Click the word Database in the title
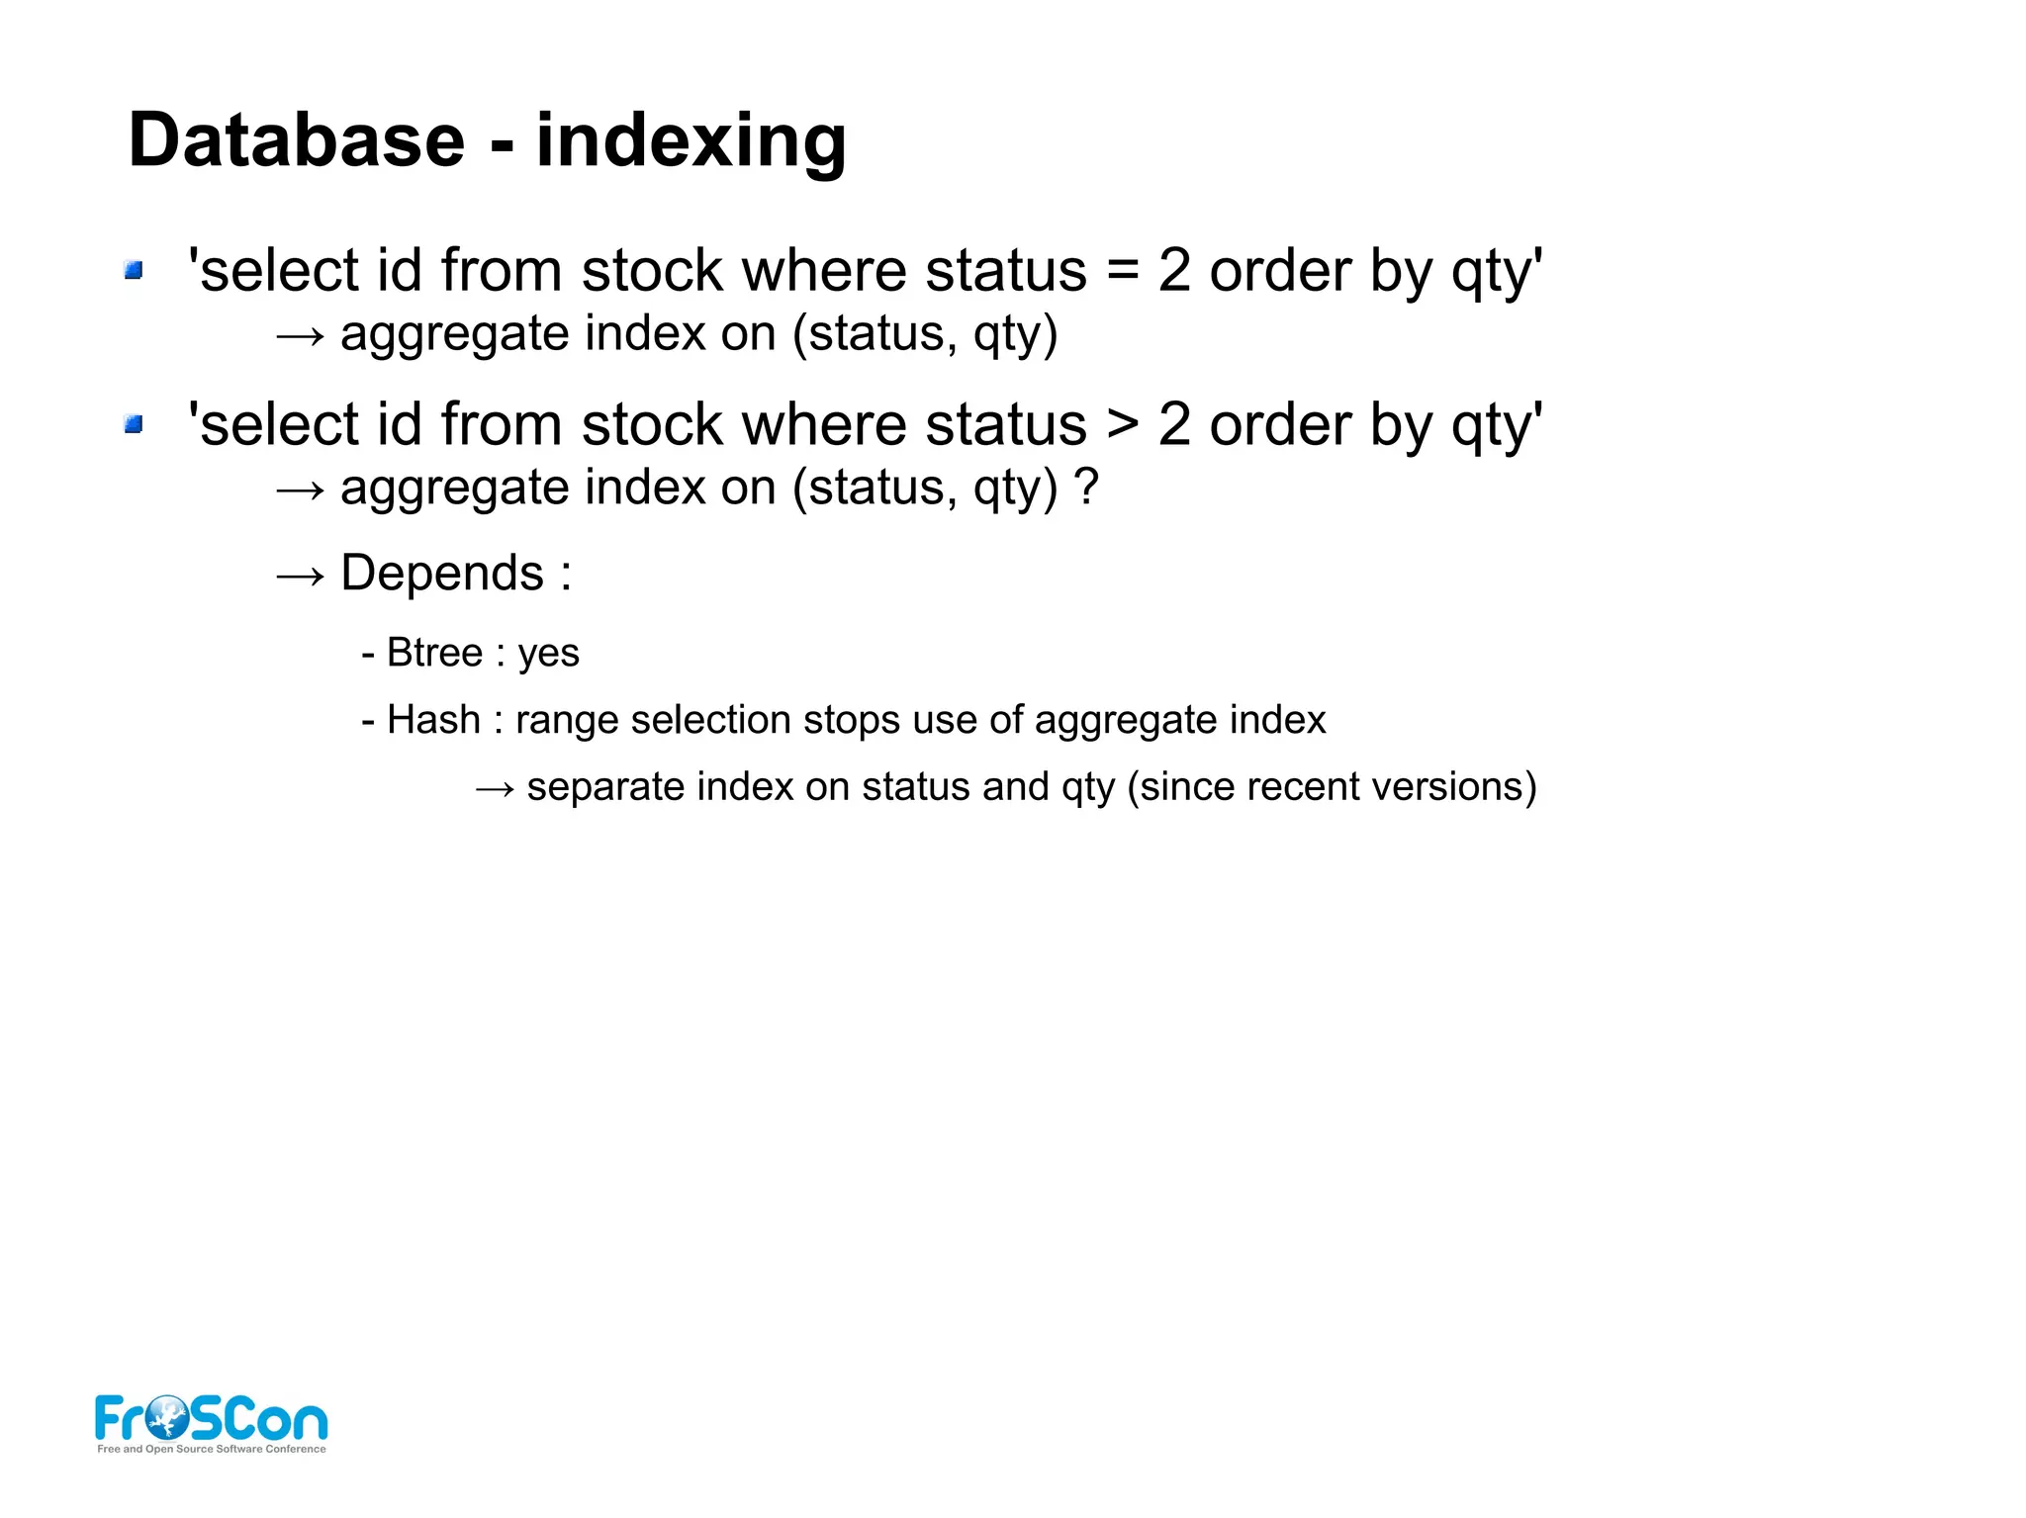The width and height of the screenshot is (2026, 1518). click(x=296, y=140)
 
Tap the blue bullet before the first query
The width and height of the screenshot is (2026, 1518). click(x=134, y=270)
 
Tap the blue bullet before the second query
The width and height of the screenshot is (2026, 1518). click(x=134, y=424)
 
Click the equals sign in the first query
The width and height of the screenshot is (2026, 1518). click(x=1122, y=270)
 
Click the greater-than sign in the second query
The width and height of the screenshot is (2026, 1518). click(x=1122, y=424)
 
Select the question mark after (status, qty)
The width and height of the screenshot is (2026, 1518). click(x=1086, y=487)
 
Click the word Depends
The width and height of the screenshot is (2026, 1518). click(x=441, y=573)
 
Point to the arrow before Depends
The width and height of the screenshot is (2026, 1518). click(x=300, y=576)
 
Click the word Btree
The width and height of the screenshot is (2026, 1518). click(x=434, y=653)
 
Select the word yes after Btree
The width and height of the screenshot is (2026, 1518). click(x=548, y=654)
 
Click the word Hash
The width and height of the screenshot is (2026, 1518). click(x=433, y=720)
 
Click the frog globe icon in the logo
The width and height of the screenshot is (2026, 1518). click(x=166, y=1417)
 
